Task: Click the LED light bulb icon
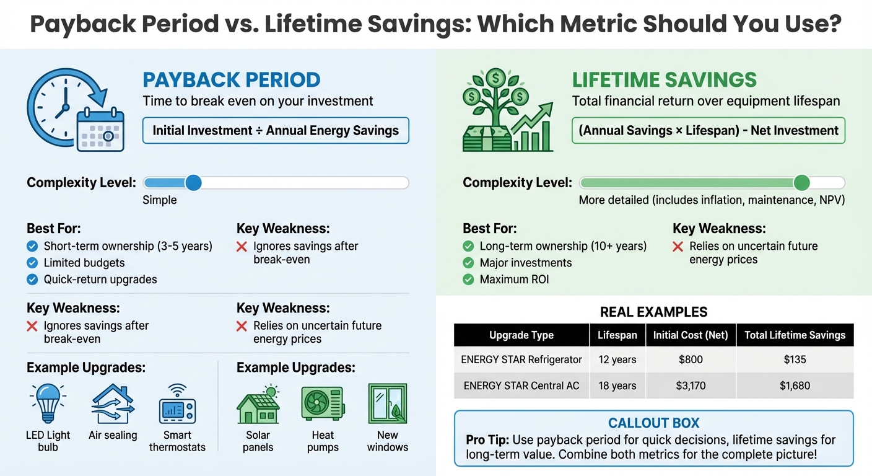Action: point(48,403)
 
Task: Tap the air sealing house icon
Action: point(113,403)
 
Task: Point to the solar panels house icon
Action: point(258,404)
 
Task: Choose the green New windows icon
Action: point(387,403)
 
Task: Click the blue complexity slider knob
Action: point(193,183)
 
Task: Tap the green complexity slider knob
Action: point(801,183)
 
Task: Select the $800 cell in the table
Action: point(690,359)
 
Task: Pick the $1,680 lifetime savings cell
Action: point(795,386)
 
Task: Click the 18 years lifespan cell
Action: point(617,386)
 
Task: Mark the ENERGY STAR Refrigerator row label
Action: point(521,359)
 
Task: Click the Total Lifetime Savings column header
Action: point(795,335)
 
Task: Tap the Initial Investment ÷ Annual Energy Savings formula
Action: point(276,131)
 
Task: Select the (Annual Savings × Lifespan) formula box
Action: point(708,131)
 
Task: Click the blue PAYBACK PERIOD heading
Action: point(231,80)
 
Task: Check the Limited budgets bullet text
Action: point(84,263)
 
